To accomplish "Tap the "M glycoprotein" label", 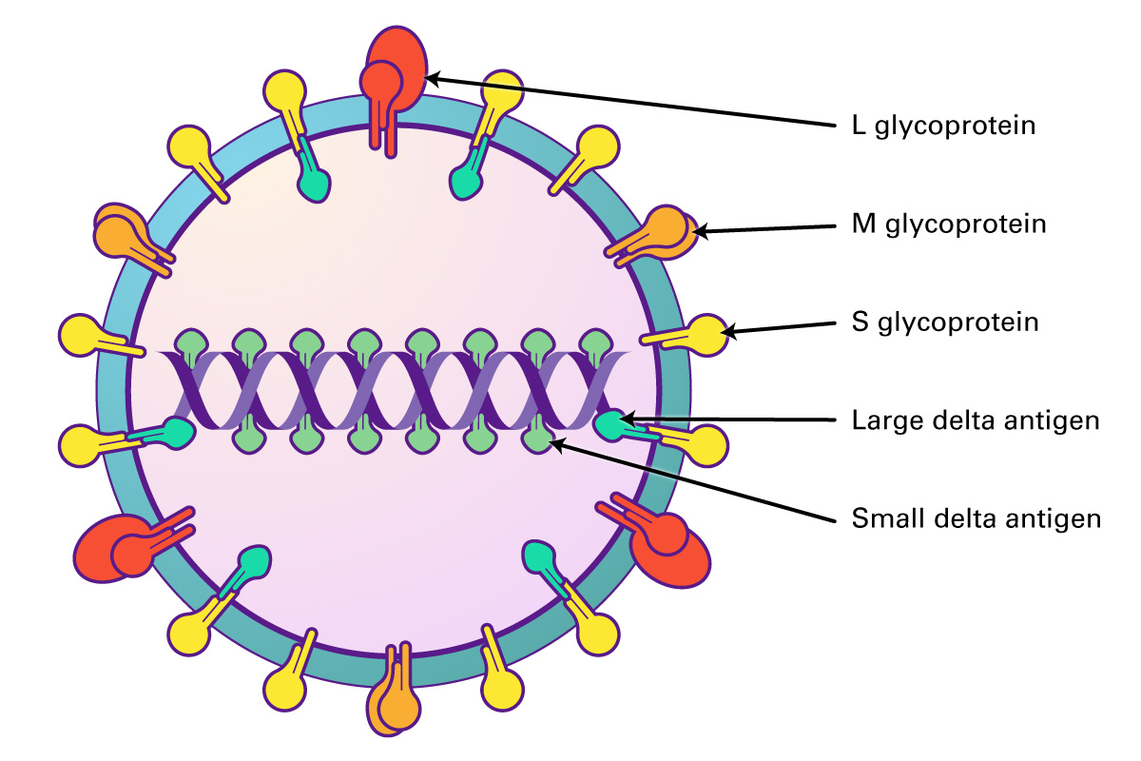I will click(949, 224).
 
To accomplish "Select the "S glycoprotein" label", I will click(945, 322).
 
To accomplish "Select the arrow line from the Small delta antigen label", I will click(694, 479).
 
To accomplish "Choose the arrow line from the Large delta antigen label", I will click(727, 420).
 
